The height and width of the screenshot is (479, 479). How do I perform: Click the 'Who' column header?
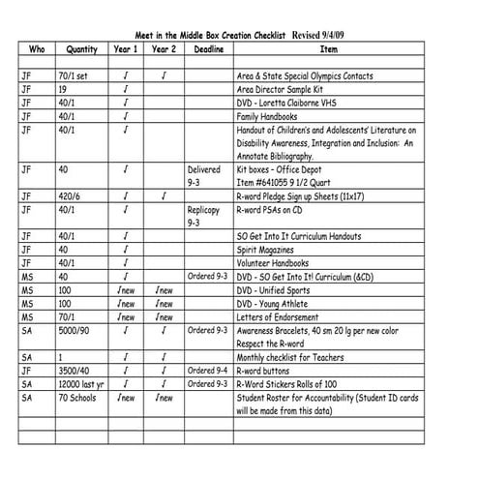coord(38,48)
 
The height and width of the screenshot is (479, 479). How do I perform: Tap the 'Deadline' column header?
coord(209,48)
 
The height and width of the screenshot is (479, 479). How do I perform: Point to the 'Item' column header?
coord(329,48)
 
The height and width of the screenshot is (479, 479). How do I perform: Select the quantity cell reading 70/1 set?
coord(74,75)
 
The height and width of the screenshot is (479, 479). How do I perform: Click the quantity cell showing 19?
coord(63,89)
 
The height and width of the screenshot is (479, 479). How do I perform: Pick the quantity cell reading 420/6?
coord(71,195)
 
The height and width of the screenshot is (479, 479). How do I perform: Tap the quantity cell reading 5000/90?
coord(75,330)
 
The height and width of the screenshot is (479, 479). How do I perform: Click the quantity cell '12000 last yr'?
coord(81,384)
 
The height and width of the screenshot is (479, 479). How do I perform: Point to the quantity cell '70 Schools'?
coord(77,398)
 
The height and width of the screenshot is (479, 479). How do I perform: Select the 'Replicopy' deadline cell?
coord(204,208)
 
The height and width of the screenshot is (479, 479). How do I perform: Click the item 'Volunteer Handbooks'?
coord(279,262)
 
